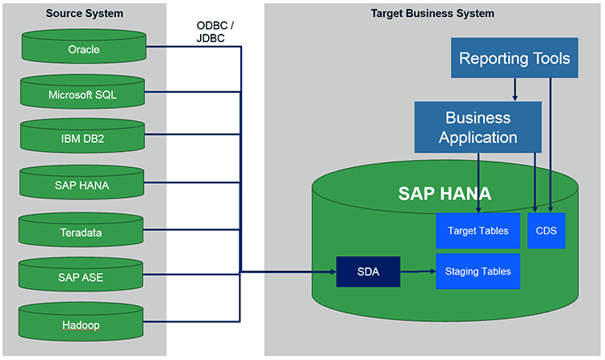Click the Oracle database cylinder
[x=84, y=46]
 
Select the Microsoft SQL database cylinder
[x=82, y=91]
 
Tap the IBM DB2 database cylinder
[x=82, y=136]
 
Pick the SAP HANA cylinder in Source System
[x=81, y=182]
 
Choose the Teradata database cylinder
[x=81, y=229]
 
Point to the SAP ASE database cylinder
[x=81, y=274]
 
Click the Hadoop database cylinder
[x=81, y=322]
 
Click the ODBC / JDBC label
[x=215, y=31]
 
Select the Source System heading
[x=85, y=14]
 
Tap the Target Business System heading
[x=432, y=14]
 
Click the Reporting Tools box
[x=515, y=58]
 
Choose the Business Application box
[x=478, y=127]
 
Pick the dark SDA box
[x=368, y=271]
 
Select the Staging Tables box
[x=478, y=271]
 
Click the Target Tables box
[x=478, y=231]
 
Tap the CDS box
[x=546, y=231]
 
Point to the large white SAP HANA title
[x=444, y=194]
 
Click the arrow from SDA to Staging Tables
[x=418, y=271]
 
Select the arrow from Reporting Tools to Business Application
[x=515, y=90]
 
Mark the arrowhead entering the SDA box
[x=333, y=272]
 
